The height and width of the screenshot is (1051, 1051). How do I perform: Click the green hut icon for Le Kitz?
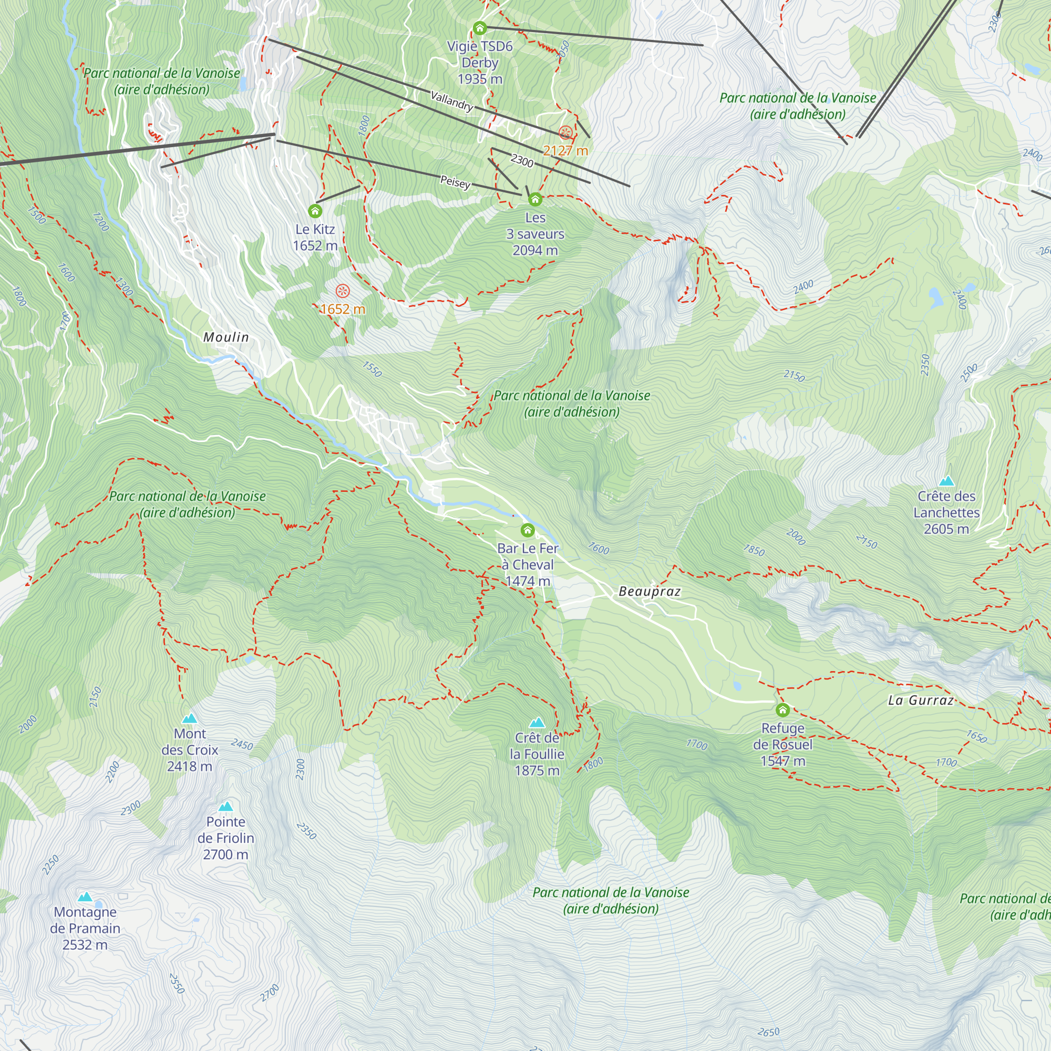pos(315,211)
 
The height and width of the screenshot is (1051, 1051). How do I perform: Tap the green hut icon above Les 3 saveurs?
pos(535,200)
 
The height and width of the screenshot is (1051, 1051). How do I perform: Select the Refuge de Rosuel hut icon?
pos(782,710)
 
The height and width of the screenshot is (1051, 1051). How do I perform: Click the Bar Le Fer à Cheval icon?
pos(527,530)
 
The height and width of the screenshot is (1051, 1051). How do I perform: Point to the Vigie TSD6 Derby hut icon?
pos(479,28)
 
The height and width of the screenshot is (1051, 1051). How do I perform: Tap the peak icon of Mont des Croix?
pos(189,718)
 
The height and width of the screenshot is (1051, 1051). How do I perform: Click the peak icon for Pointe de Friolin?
pos(226,807)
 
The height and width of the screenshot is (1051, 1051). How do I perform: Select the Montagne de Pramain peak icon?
pos(85,897)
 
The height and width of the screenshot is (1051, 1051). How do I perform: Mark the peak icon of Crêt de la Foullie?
pos(537,723)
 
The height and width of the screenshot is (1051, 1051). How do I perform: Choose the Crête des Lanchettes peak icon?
pos(946,481)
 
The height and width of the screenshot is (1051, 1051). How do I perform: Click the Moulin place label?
pos(226,337)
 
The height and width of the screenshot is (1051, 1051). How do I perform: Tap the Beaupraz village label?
pos(650,591)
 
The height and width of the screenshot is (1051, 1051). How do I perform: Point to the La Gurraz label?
pos(921,700)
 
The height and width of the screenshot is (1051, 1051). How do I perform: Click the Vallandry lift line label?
pos(451,101)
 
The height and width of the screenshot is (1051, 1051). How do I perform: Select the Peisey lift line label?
pos(455,182)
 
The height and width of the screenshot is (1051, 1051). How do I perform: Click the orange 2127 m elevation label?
pos(565,151)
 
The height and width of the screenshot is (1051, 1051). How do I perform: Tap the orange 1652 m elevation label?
pos(342,309)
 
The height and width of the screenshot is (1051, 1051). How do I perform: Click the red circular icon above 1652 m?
pos(342,291)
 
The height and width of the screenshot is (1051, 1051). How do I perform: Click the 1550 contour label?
pos(372,369)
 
